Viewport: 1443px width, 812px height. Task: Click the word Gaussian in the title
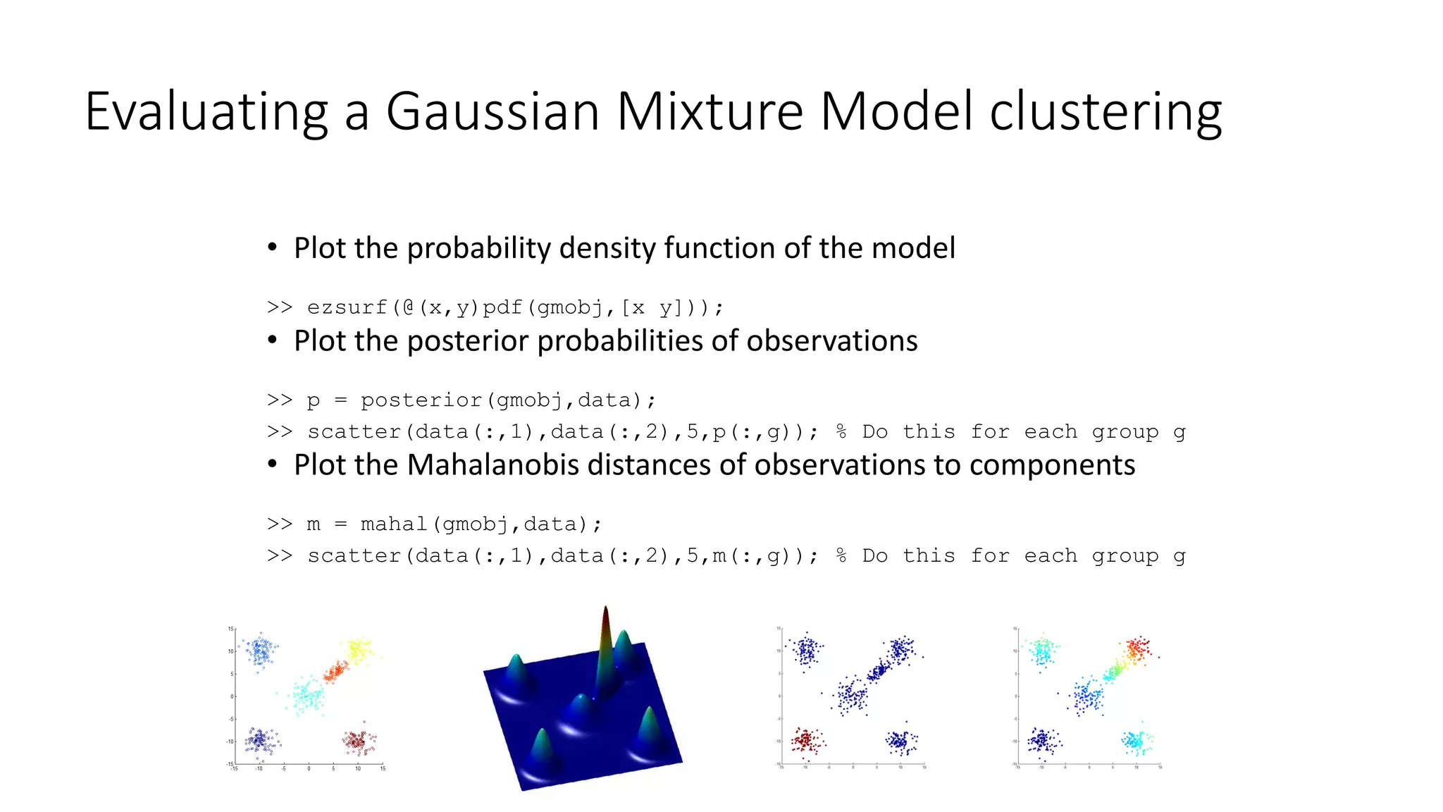pos(492,111)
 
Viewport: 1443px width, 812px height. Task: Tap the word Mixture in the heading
pos(709,111)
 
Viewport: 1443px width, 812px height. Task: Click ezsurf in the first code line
pos(347,307)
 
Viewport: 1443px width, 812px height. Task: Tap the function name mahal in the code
pos(394,524)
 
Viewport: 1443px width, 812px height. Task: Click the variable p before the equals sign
pos(314,401)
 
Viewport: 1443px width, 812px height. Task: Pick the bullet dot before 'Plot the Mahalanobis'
pos(273,465)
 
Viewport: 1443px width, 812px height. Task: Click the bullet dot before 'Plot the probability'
pos(273,248)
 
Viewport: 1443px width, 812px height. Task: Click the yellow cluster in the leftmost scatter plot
pos(358,650)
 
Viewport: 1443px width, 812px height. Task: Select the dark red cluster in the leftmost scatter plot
pos(359,741)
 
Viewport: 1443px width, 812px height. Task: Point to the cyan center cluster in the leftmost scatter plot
pos(307,696)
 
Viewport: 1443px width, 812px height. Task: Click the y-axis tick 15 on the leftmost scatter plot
pos(230,629)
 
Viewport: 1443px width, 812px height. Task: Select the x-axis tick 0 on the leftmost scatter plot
pos(309,768)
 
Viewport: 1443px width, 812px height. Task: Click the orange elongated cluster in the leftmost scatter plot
pos(335,671)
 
